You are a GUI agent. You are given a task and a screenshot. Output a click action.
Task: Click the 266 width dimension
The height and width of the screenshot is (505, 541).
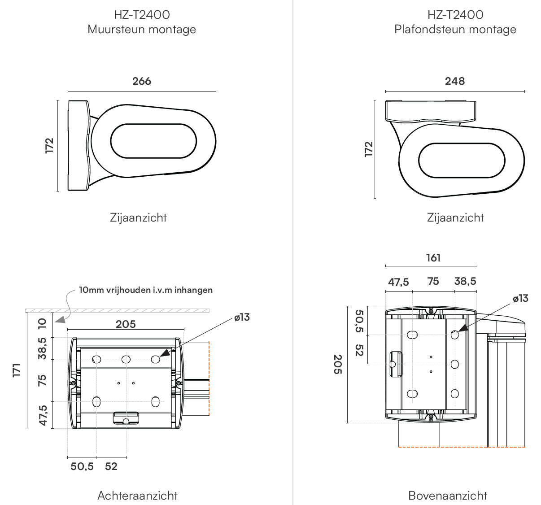click(142, 81)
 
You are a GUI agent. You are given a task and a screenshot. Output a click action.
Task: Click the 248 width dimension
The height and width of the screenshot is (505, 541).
click(455, 81)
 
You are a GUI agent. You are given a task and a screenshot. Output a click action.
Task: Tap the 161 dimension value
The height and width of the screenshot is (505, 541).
click(433, 258)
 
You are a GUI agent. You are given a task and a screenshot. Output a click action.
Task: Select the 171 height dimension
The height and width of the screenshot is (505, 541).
click(17, 370)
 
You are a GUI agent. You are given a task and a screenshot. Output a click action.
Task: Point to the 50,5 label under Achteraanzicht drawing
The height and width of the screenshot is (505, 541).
click(82, 466)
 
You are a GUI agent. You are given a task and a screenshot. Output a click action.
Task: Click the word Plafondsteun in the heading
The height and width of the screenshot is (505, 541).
click(426, 29)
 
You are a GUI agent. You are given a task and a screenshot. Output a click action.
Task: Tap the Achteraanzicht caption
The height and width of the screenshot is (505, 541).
click(138, 496)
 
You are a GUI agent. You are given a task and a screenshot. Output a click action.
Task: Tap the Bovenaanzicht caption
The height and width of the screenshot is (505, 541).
click(448, 496)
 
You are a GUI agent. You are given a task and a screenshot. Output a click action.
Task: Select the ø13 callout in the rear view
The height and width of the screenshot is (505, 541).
click(242, 317)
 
